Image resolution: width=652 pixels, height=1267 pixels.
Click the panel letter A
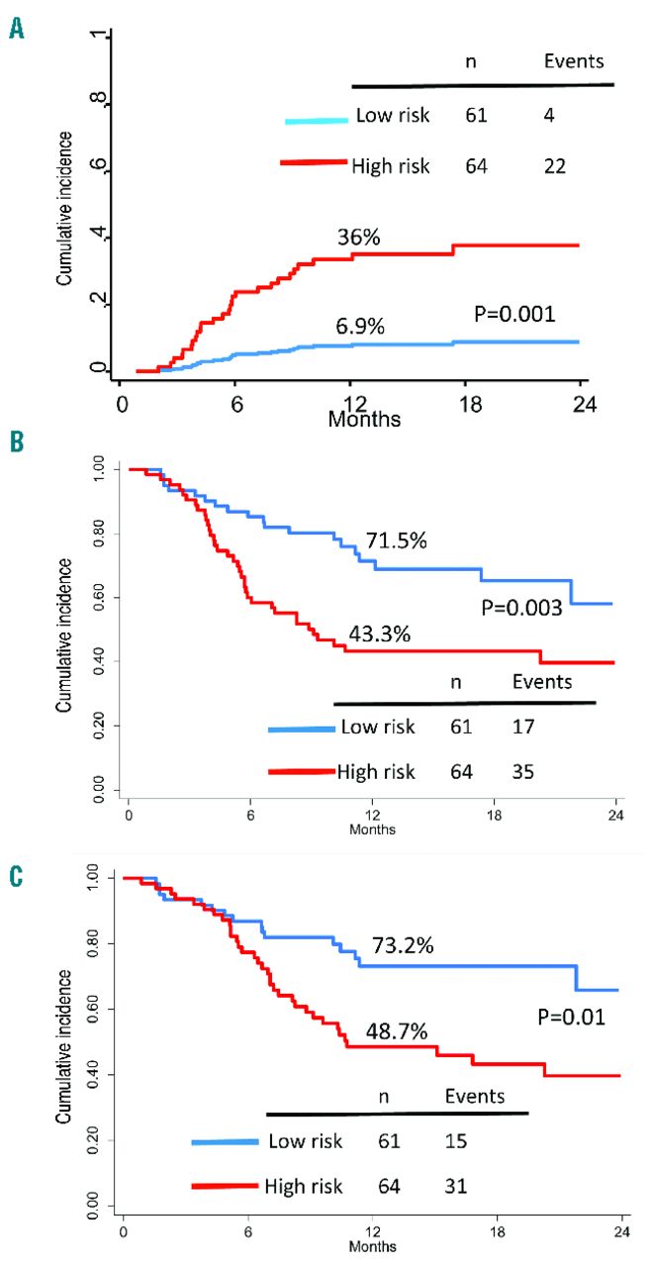[17, 30]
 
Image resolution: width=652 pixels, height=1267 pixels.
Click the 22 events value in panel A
[554, 166]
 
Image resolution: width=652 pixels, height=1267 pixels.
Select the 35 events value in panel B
[523, 772]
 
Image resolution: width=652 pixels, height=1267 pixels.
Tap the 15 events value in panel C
[456, 1141]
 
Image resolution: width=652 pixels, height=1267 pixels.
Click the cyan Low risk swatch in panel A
[316, 120]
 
